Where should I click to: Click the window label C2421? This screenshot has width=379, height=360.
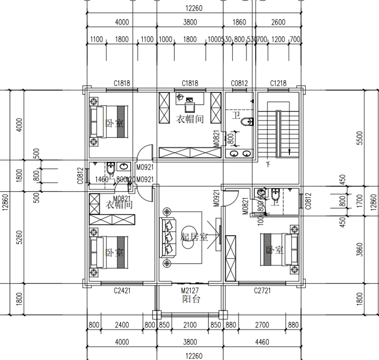coord(122,290)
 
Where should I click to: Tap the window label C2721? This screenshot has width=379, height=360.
coord(262,290)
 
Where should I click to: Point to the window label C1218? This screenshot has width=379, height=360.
coord(278,83)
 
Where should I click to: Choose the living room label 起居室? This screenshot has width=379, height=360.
coord(194,237)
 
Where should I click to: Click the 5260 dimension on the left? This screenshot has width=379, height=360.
coord(19,237)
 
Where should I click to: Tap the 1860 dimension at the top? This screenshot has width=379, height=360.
coord(240,22)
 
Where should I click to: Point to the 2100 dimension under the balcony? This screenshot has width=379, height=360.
coord(189,325)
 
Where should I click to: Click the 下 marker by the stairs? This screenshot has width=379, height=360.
coord(269,165)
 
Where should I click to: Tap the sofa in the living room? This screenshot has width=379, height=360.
coord(168,237)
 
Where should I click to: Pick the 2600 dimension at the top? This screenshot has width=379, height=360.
coord(278,22)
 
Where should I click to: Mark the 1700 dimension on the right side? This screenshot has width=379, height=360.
coord(359,203)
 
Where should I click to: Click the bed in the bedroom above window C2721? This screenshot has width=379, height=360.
coord(279,249)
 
